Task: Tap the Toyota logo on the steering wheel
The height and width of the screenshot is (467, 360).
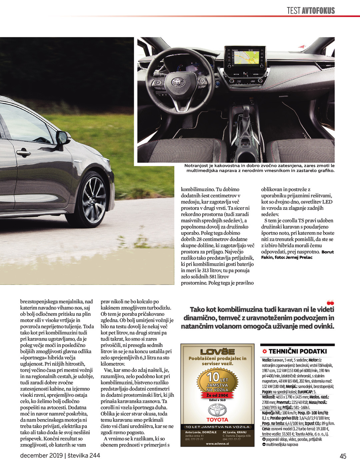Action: (176, 82)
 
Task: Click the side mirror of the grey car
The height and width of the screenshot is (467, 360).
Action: (63, 137)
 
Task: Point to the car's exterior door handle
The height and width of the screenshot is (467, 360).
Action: (23, 153)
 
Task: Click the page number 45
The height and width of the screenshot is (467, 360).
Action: (343, 456)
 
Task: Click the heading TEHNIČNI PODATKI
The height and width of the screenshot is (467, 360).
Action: (297, 351)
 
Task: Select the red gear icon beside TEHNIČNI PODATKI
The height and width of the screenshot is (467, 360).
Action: (265, 351)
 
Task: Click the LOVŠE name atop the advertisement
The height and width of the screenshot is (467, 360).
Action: (217, 352)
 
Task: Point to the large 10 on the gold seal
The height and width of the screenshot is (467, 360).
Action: (213, 377)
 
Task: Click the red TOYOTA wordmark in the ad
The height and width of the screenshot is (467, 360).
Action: (217, 420)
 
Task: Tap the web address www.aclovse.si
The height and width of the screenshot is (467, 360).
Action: (217, 444)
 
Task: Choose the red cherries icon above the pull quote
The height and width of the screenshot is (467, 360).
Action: (330, 303)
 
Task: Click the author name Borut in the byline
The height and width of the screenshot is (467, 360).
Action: (327, 252)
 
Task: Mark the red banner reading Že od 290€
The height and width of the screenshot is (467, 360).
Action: (217, 395)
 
